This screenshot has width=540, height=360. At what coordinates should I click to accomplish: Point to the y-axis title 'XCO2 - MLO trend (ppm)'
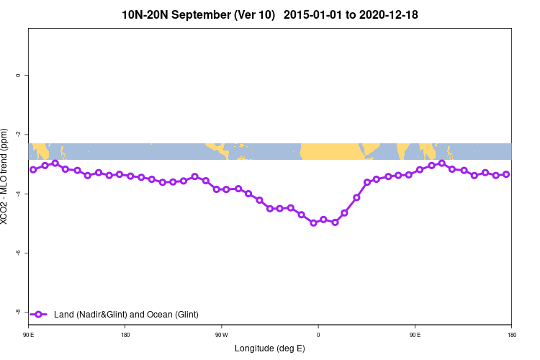click(6, 176)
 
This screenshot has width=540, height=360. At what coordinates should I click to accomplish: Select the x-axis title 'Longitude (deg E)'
click(270, 348)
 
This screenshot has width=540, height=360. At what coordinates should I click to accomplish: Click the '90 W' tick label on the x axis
click(221, 335)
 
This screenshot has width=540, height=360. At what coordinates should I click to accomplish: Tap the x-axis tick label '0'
click(318, 335)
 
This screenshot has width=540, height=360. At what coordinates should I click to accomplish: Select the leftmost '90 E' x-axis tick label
click(30, 335)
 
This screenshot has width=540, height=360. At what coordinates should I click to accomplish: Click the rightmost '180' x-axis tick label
click(510, 335)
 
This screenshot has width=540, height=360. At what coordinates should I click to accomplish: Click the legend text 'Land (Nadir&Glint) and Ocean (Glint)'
click(126, 315)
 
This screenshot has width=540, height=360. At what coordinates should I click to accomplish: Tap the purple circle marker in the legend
click(40, 315)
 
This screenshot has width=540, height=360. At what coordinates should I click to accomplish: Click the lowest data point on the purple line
click(313, 223)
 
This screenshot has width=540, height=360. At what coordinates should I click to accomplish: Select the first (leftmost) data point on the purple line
click(33, 170)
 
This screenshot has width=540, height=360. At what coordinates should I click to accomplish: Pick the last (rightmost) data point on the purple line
click(506, 174)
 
